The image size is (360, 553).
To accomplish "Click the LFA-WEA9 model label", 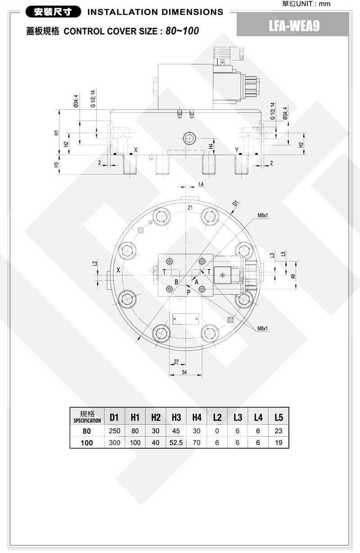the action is click(x=294, y=26).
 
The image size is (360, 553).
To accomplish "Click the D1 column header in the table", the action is click(x=114, y=417).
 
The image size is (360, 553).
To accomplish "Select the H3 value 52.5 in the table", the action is click(x=176, y=443).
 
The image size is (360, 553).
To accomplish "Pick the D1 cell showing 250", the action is click(x=115, y=431).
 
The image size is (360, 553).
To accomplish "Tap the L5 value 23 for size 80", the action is click(x=279, y=431).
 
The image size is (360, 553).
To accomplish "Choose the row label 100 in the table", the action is click(x=87, y=443).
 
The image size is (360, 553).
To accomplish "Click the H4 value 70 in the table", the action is click(x=197, y=443).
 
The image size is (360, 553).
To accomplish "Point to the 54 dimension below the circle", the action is click(x=184, y=372).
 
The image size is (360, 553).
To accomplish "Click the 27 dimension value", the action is click(x=176, y=361).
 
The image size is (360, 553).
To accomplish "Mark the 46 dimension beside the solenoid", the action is click(x=293, y=276).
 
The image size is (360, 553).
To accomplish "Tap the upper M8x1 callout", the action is click(x=263, y=216).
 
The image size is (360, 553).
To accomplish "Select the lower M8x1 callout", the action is click(x=262, y=328).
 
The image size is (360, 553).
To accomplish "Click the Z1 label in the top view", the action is click(x=190, y=207).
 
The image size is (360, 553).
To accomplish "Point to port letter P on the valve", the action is click(x=189, y=292).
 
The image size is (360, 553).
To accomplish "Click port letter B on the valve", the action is click(x=176, y=282).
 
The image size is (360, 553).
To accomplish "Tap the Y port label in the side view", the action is click(x=237, y=150).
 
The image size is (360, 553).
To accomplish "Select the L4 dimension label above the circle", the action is click(x=201, y=184).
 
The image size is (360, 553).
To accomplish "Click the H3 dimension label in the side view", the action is click(x=57, y=165).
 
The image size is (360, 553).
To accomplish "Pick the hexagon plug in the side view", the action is click(x=189, y=138).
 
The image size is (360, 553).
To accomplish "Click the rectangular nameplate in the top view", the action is click(x=186, y=319).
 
